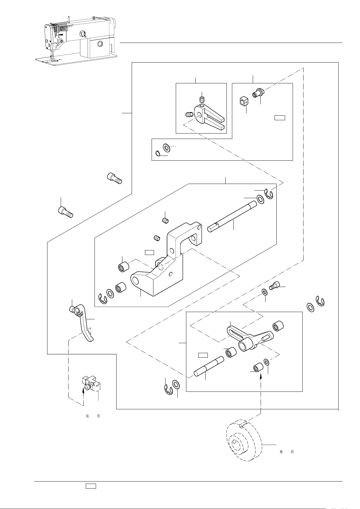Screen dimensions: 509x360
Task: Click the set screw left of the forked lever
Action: tap(189, 114)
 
